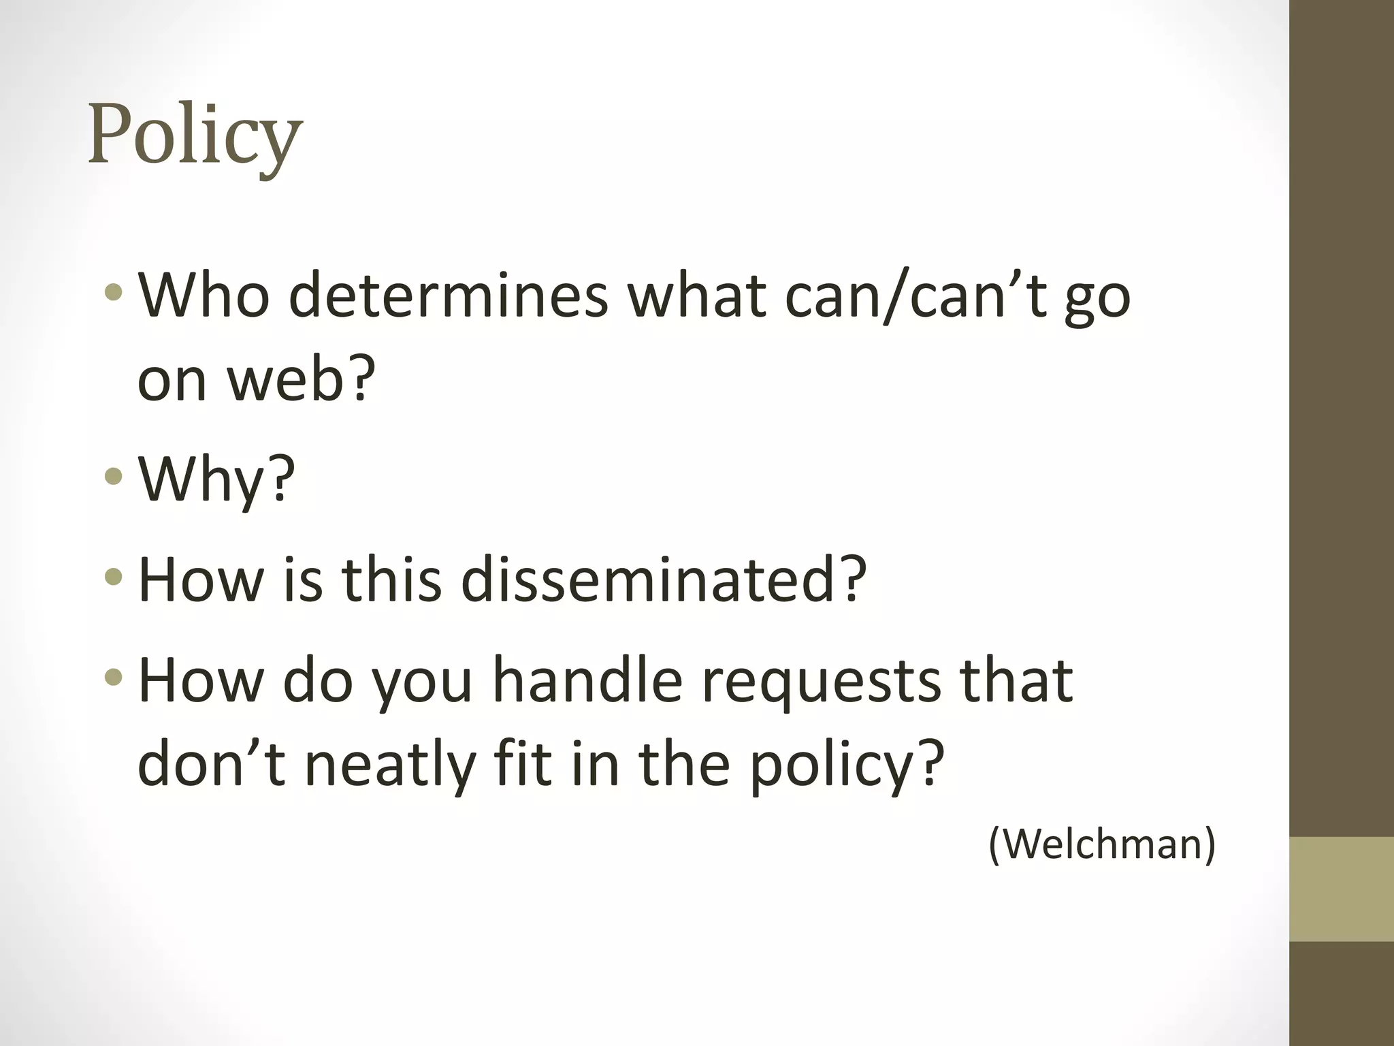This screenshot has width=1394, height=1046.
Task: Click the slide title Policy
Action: pos(195,136)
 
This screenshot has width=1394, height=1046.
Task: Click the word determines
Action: pos(448,296)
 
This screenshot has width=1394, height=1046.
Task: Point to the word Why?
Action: pos(216,479)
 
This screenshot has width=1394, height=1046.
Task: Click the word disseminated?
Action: pos(664,580)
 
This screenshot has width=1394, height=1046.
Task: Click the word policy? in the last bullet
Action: pos(847,764)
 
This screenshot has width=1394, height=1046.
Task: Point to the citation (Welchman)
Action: pos(1101,844)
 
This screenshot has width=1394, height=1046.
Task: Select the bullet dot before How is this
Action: pos(114,577)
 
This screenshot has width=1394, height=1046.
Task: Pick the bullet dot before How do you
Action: pos(114,678)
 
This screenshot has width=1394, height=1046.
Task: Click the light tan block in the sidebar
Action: pos(1342,889)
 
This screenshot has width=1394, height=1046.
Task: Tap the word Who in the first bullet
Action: pos(204,296)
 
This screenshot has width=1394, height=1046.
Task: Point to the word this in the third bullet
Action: pos(391,580)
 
